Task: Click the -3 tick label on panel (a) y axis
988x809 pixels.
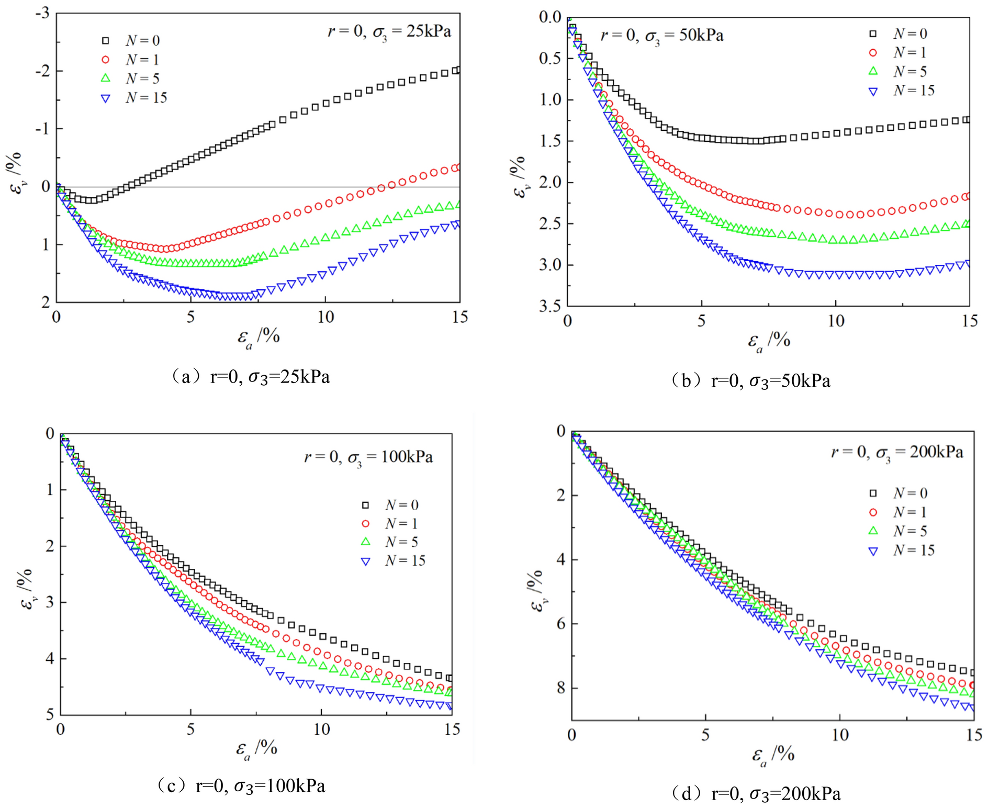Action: (42, 13)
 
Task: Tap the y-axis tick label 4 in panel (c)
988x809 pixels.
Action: (50, 658)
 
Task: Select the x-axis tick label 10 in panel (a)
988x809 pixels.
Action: (325, 317)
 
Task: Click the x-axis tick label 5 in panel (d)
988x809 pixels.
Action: (705, 735)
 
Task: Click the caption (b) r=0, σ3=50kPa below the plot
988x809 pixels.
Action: (750, 380)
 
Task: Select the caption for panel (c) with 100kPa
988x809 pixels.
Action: (241, 785)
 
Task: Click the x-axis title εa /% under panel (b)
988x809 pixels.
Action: (768, 341)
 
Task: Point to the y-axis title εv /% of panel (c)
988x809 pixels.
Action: (26, 589)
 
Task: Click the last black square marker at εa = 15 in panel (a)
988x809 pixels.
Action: (456, 70)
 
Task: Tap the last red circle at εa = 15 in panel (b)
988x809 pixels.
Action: (967, 196)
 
